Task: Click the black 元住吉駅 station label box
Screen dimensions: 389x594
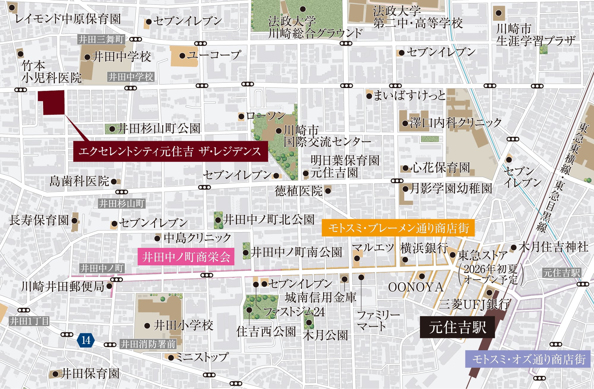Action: pyautogui.click(x=457, y=327)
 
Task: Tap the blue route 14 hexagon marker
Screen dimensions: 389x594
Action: pyautogui.click(x=86, y=340)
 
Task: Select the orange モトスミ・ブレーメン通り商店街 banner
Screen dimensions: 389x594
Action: pyautogui.click(x=398, y=228)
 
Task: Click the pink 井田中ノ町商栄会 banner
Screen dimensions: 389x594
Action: pyautogui.click(x=186, y=257)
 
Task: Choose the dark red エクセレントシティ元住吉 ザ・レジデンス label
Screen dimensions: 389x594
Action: pyautogui.click(x=170, y=152)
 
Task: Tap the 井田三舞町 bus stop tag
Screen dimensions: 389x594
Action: pyautogui.click(x=101, y=39)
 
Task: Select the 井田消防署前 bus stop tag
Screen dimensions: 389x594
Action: pyautogui.click(x=148, y=344)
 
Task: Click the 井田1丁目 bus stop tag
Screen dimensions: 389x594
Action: pyautogui.click(x=29, y=321)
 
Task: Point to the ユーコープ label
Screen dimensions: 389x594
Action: pyautogui.click(x=214, y=55)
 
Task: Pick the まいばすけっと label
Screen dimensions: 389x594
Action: pyautogui.click(x=409, y=95)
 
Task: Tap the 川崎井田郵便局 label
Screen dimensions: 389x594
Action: pyautogui.click(x=63, y=286)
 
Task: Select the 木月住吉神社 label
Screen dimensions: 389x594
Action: pyautogui.click(x=553, y=247)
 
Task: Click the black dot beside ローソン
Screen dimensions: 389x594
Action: pyautogui.click(x=241, y=117)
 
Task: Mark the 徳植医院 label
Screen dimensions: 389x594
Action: pyautogui.click(x=298, y=191)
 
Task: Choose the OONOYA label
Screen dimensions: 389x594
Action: pyautogui.click(x=416, y=287)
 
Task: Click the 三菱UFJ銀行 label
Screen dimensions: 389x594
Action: pyautogui.click(x=474, y=304)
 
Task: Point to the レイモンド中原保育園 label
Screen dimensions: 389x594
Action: pyautogui.click(x=68, y=19)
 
